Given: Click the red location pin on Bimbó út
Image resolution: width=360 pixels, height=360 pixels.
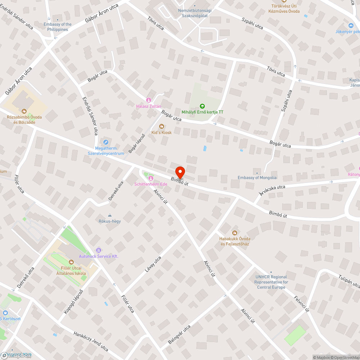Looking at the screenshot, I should click(180, 172).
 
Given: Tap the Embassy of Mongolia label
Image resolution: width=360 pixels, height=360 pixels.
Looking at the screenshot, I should click(257, 177).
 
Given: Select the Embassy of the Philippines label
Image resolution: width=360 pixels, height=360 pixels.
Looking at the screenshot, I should click(57, 27).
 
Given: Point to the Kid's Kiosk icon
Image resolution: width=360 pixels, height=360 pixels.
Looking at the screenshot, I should click(161, 126).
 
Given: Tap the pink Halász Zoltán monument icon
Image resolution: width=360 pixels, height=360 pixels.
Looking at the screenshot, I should click(148, 100).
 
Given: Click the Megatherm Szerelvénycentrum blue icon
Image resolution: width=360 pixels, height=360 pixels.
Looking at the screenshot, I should click(105, 142).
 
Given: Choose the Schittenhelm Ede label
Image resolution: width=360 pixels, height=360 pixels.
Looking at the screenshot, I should click(151, 184).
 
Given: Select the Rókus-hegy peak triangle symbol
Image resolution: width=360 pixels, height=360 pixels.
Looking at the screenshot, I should click(110, 215).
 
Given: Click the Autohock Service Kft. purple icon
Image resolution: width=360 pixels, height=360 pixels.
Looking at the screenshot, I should click(98, 250).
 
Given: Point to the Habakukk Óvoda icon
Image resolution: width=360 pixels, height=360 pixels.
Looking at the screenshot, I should click(235, 233).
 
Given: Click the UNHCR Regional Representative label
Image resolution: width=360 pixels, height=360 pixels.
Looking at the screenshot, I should click(271, 282).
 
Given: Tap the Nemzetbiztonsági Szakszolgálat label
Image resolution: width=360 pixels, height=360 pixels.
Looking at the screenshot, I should click(195, 13).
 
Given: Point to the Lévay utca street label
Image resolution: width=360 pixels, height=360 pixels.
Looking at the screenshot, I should click(153, 265).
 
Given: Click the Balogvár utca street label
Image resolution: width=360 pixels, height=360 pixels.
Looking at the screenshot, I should click(179, 334).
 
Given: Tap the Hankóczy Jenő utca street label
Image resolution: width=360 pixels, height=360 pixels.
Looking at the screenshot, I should click(91, 341).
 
